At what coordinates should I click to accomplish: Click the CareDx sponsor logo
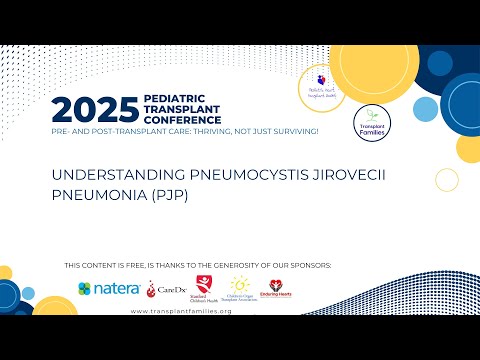165,289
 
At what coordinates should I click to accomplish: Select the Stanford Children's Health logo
207,289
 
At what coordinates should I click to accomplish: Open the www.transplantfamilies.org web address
182,311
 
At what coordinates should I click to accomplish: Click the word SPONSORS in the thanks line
309,265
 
